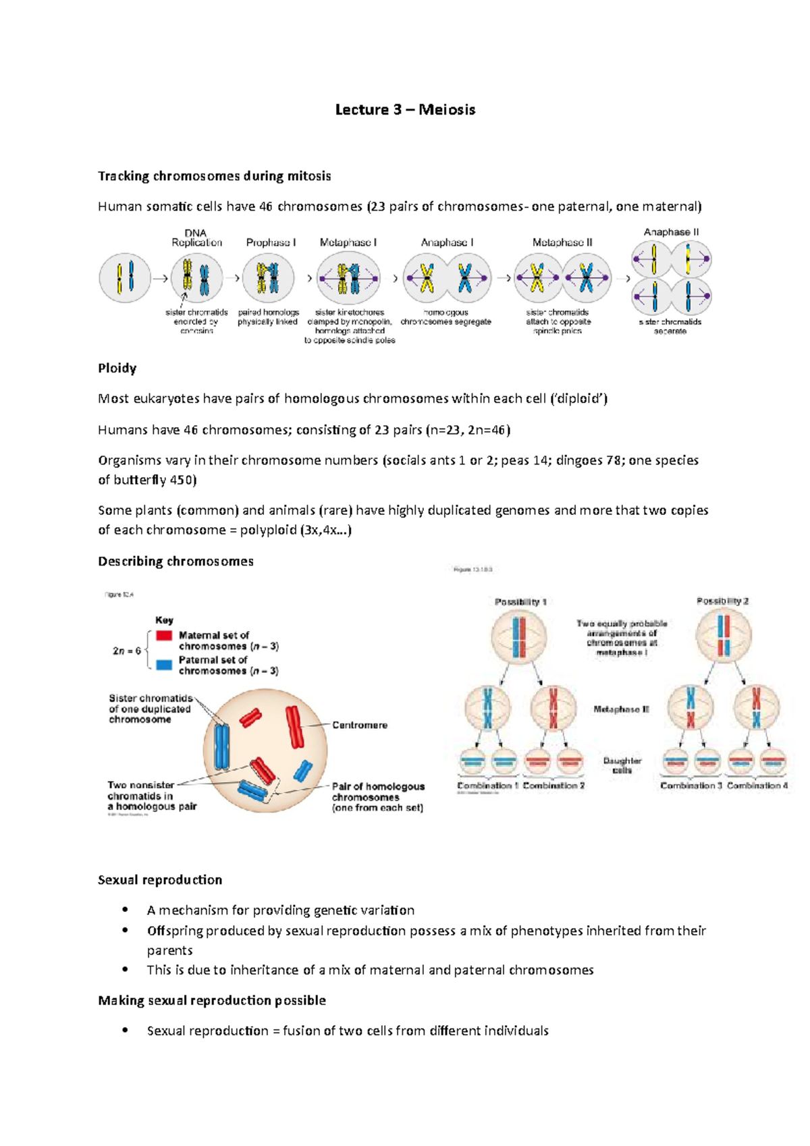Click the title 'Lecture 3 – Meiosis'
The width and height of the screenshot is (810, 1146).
(405, 110)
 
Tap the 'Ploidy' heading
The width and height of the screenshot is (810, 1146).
(117, 369)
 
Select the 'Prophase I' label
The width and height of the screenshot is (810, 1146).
(271, 242)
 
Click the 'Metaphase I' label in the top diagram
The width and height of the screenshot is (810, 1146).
(348, 242)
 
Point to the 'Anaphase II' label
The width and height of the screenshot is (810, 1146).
(671, 232)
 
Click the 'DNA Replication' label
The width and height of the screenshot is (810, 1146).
(196, 238)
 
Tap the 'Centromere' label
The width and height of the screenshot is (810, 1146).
(360, 725)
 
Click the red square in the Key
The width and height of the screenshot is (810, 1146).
(164, 636)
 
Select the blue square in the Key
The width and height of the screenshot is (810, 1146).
(164, 665)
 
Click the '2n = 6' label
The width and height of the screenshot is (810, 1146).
(127, 651)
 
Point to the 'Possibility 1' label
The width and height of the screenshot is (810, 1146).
(520, 601)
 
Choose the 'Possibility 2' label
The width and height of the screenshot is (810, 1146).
(722, 601)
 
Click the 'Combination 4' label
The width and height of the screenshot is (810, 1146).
(757, 786)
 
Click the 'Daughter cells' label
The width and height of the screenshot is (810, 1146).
(622, 765)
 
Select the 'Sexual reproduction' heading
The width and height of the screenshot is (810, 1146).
(160, 880)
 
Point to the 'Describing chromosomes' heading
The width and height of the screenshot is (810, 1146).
(175, 562)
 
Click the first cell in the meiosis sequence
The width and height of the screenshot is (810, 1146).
(125, 277)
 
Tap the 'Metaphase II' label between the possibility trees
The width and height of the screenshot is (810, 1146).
(621, 709)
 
